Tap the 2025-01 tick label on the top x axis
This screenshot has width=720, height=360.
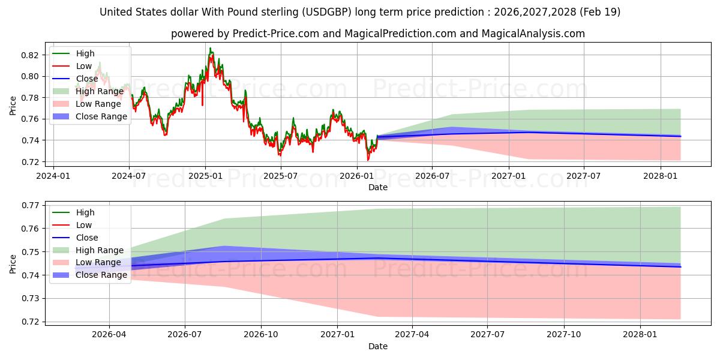(205, 176)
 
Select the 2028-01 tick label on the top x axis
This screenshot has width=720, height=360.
(661, 176)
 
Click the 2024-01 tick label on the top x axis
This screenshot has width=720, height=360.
(53, 176)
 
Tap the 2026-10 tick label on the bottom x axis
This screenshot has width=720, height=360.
(261, 335)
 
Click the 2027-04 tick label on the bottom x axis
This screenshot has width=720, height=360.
(412, 335)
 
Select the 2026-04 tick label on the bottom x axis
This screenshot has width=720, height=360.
(109, 335)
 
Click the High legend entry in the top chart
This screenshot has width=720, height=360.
(85, 53)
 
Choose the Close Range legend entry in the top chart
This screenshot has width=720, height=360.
(101, 116)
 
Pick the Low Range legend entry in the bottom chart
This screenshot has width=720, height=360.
(98, 263)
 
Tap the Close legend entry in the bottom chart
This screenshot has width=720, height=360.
(87, 238)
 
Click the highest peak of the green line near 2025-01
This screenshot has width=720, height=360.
(210, 48)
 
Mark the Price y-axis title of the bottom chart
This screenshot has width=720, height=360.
(13, 263)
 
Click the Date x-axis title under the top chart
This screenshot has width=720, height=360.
(377, 187)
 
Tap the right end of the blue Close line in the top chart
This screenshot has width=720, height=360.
(680, 136)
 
